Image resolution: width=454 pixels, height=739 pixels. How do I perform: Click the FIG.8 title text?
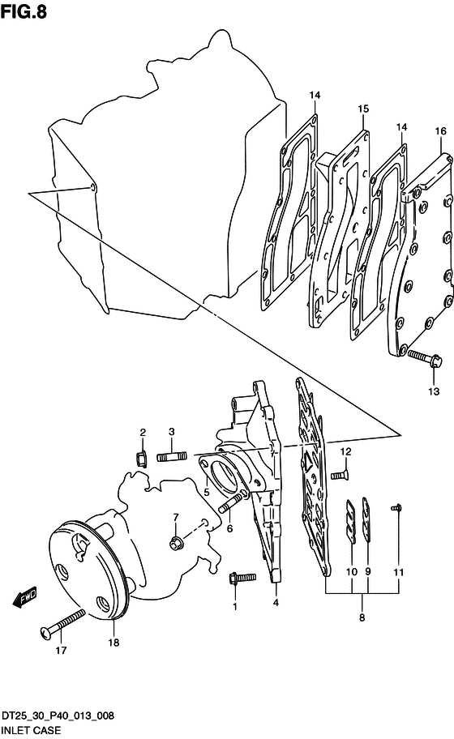[24, 11]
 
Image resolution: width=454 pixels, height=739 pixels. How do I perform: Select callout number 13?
[433, 391]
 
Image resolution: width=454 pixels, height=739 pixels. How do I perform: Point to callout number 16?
[440, 130]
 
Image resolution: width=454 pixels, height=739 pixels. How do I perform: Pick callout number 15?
[363, 109]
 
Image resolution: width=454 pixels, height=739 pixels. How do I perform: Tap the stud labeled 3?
[172, 456]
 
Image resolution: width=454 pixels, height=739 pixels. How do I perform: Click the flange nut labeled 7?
[176, 543]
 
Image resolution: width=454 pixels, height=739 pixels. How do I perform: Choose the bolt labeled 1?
[242, 578]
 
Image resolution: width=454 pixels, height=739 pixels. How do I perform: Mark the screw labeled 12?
[340, 476]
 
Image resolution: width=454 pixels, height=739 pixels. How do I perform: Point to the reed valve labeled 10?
[351, 521]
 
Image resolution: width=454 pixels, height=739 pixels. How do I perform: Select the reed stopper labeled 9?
[366, 518]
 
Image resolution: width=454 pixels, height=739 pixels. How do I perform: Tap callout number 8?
[362, 617]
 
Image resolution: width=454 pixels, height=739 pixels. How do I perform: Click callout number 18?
[113, 643]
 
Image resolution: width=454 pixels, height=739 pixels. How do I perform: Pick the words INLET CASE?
[31, 730]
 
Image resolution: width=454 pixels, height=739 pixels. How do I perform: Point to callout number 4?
[276, 602]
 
